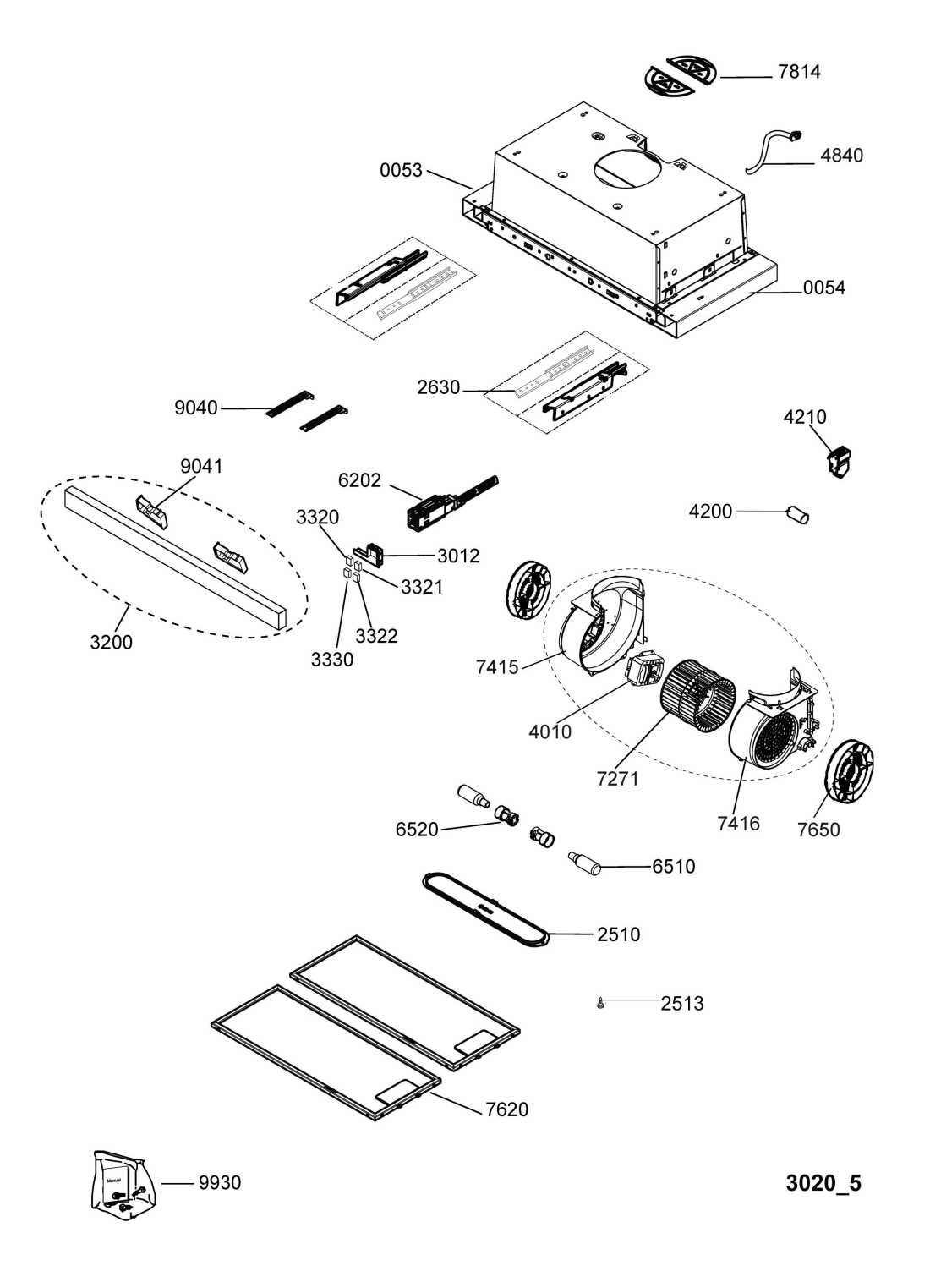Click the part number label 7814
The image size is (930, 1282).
coord(799,72)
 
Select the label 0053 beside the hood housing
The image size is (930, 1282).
coord(402,170)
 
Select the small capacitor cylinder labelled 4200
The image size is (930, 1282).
coord(799,514)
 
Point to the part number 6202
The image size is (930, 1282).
coord(359,480)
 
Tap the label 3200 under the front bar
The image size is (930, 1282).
coord(111,642)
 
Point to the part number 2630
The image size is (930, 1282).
coord(439,387)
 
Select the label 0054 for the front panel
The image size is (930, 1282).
coord(824,288)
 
